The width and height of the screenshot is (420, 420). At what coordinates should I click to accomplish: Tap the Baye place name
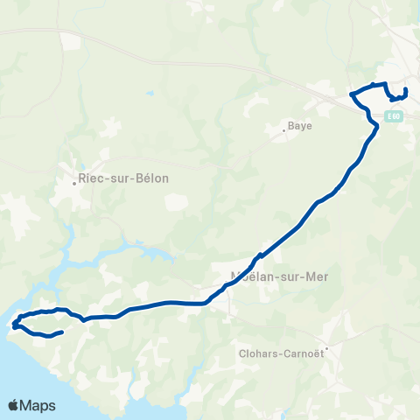tap(300, 126)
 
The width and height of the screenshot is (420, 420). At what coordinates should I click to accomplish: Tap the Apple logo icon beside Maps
tap(15, 405)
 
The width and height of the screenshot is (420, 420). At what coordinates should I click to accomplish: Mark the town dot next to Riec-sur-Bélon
tap(74, 183)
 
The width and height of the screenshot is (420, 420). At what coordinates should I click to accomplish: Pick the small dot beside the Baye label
tap(284, 132)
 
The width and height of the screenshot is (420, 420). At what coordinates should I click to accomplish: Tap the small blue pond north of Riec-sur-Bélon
tap(150, 92)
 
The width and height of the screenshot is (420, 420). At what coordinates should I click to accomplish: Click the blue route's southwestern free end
tap(63, 332)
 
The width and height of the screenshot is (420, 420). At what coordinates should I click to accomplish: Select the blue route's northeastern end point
tap(407, 89)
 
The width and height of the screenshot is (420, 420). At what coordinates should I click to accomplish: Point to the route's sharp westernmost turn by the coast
tap(15, 327)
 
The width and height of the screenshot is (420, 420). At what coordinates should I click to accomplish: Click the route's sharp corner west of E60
tap(352, 94)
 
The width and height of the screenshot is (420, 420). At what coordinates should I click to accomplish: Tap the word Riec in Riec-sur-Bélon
tap(91, 178)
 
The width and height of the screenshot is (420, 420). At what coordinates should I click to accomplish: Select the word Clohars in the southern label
tap(259, 355)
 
